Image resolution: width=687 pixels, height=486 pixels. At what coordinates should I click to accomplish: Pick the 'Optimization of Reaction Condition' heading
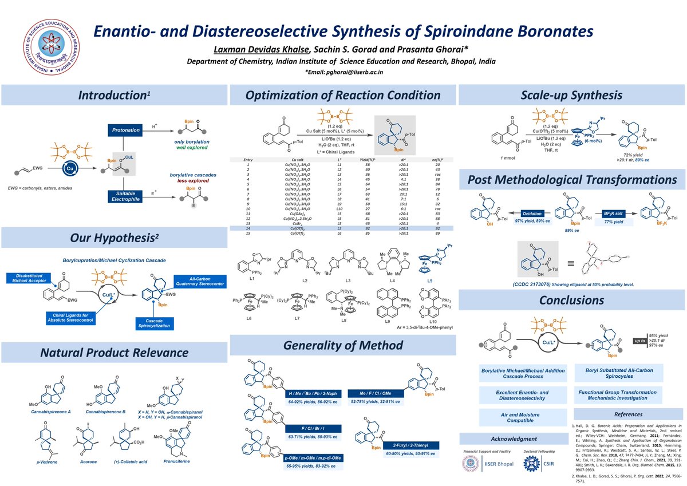[343, 95]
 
